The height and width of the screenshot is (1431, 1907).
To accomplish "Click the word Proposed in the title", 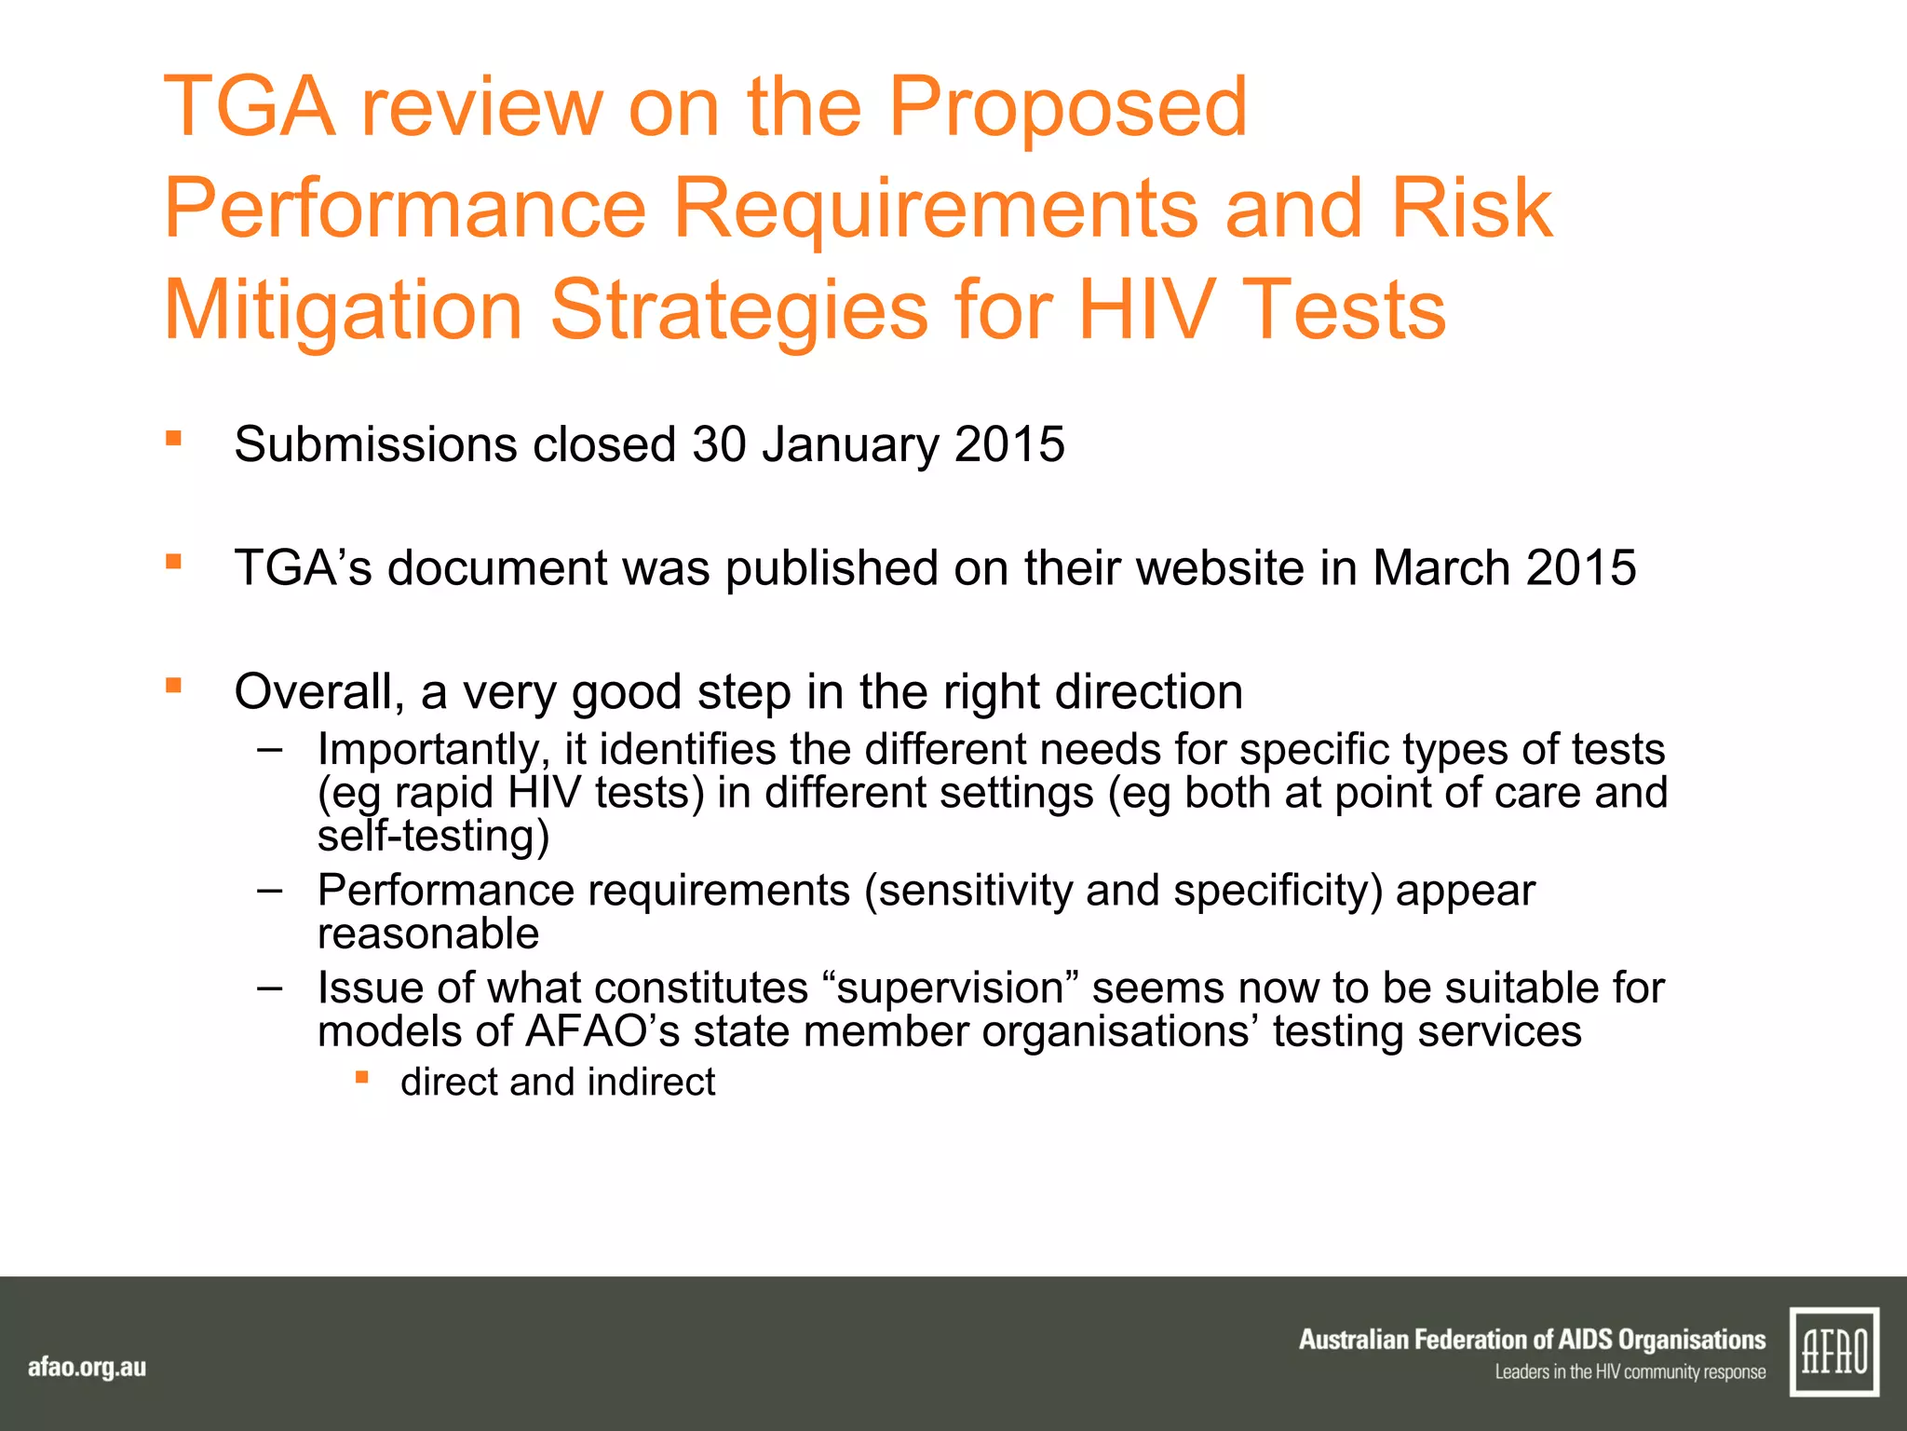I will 1067,108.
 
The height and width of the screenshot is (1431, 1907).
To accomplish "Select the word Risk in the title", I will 1471,209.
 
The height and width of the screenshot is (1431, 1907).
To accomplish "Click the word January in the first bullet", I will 850,444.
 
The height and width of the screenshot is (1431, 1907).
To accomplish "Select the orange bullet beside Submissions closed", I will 173,438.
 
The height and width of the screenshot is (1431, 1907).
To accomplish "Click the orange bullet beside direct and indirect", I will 362,1078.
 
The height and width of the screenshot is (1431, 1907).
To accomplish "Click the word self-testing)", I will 433,836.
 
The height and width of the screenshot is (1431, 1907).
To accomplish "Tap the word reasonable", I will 428,934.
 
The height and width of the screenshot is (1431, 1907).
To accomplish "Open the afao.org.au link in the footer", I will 87,1368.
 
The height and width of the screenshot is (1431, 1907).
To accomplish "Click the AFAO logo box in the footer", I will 1833,1352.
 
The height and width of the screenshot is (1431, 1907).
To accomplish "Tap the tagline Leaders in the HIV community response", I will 1630,1372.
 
